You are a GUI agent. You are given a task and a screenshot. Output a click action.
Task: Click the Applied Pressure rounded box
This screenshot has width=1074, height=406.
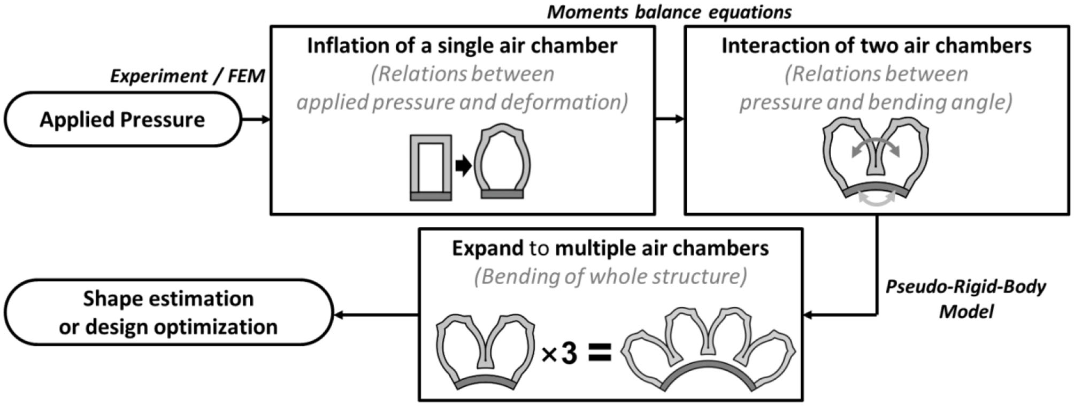coord(122,119)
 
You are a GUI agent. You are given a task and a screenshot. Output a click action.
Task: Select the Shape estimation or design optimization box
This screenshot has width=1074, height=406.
coord(168,312)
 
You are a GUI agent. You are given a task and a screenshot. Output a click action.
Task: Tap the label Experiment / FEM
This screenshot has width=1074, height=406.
coord(187,76)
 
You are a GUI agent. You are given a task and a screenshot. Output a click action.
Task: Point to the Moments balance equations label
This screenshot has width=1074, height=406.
coord(669,12)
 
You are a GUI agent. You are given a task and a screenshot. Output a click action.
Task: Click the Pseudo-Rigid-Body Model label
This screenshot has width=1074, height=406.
coord(965,299)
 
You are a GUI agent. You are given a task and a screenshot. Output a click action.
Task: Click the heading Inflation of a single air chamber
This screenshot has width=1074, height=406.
coord(462,45)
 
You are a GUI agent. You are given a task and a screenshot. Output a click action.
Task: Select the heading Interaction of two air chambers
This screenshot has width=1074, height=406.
coord(876,45)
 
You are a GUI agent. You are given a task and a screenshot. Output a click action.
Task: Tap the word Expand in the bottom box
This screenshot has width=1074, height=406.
coord(487,248)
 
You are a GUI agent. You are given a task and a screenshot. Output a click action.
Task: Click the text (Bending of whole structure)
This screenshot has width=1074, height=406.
coord(610,277)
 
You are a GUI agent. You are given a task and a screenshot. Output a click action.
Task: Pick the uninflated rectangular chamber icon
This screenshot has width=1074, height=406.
coord(431,167)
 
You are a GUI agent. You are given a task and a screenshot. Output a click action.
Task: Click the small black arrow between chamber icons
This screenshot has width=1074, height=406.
coord(463,166)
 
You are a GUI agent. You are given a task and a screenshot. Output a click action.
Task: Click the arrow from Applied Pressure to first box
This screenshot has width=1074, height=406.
coord(256,119)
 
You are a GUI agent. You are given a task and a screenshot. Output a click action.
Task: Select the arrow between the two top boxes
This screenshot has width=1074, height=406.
coord(670,119)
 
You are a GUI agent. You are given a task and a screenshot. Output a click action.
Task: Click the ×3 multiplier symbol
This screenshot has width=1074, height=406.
coord(559,354)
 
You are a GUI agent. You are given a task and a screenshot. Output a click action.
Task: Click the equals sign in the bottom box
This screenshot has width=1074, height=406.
coord(600,354)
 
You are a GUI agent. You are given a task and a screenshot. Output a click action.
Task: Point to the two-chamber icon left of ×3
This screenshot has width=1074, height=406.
coord(486,350)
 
